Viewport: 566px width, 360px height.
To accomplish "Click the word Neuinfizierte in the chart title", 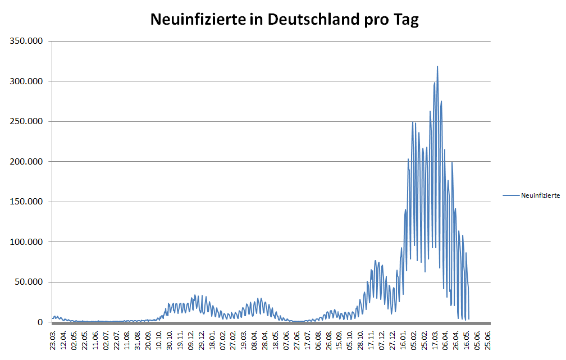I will coord(198,20).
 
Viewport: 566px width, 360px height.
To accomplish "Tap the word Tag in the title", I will coord(405,20).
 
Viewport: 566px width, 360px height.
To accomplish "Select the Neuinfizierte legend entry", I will coord(540,195).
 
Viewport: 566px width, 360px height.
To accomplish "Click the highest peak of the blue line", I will coord(437,67).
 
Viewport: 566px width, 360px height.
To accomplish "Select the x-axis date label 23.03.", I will coord(53,340).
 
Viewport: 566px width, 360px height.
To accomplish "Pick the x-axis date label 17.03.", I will coord(435,340).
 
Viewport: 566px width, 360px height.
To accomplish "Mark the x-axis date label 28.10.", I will coord(360,340).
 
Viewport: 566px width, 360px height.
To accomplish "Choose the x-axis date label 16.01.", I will coord(403,340).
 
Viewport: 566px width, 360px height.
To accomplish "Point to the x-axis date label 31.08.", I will coord(138,340).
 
